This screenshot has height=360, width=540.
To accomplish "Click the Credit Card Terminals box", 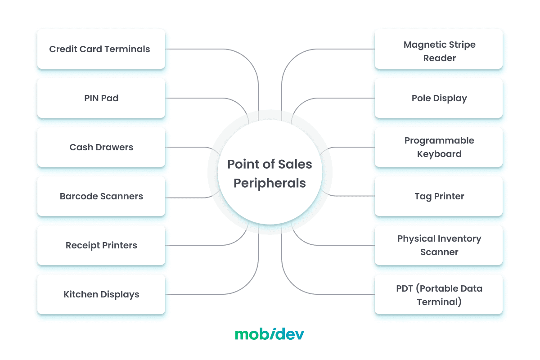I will click(x=101, y=49).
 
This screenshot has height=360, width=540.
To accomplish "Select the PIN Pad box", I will click(x=101, y=98).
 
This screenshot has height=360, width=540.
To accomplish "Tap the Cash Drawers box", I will click(x=101, y=147).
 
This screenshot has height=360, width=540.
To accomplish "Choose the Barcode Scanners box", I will click(x=101, y=196).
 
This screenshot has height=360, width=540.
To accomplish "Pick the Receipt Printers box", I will click(x=101, y=245).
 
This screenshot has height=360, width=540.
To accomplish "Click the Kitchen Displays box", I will click(x=101, y=294).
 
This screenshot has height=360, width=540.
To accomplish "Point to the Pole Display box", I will click(x=439, y=98).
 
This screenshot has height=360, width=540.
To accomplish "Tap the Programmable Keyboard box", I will click(x=439, y=147).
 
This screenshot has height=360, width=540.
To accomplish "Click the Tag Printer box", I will click(x=439, y=196).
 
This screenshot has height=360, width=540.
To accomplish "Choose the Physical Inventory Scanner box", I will click(x=439, y=245).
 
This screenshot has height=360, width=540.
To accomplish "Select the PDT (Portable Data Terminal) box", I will click(x=439, y=294).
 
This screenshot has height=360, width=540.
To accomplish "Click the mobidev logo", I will click(x=270, y=334).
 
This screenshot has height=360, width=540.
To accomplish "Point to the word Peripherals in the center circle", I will click(x=270, y=184).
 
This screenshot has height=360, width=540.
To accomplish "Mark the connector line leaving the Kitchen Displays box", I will click(x=202, y=294).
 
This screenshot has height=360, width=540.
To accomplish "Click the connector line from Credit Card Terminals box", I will click(x=202, y=49).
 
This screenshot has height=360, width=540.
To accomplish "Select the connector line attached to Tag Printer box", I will click(x=355, y=196).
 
